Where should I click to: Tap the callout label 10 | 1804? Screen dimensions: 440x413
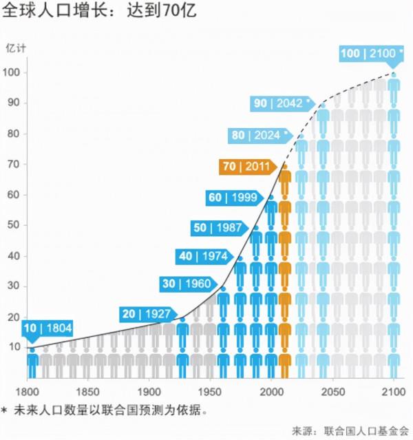tap(47, 328)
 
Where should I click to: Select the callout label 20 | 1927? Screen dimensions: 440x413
tap(147, 314)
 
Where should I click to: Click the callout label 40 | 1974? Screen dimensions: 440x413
tap(204, 256)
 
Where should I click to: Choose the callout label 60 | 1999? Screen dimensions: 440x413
tap(234, 198)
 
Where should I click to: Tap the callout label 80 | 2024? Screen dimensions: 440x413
tap(255, 135)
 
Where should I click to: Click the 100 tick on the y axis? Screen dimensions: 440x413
tap(12, 72)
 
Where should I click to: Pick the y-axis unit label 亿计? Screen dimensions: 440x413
tap(15, 48)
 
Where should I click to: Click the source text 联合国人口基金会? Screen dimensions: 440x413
tap(367, 430)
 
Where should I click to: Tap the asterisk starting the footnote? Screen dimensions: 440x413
tap(5, 410)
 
